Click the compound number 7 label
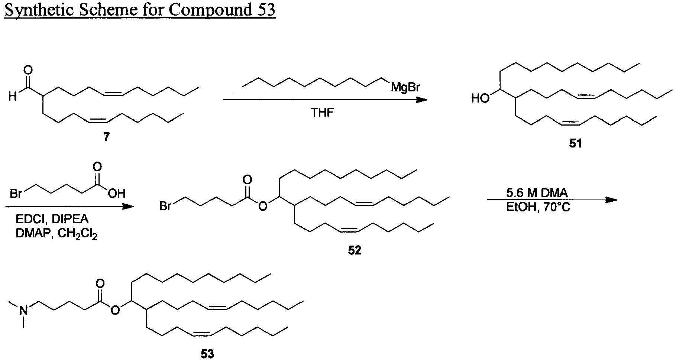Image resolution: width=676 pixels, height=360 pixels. click(107, 137)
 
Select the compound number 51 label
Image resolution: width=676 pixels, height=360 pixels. click(575, 143)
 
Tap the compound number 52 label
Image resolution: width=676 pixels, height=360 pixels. click(355, 250)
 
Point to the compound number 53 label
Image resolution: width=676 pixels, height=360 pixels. click(207, 354)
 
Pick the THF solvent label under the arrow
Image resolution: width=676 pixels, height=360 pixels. click(323, 113)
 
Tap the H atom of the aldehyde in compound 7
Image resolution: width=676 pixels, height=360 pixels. click(13, 97)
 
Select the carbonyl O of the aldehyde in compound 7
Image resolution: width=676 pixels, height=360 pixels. click(28, 69)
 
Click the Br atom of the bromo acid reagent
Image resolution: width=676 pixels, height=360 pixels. click(16, 194)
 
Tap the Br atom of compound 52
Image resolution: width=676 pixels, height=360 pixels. click(166, 205)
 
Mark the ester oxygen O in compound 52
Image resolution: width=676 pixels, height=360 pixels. click(263, 205)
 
